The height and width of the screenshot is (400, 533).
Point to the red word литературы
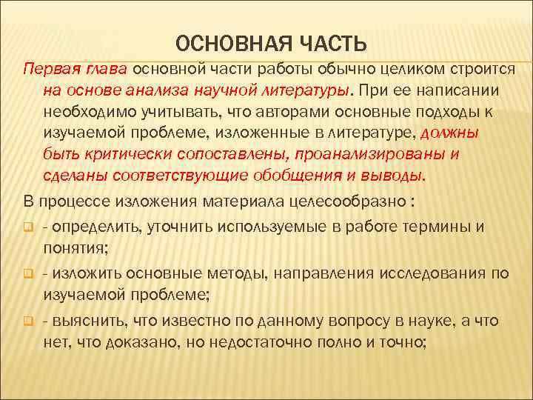pos(308,90)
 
